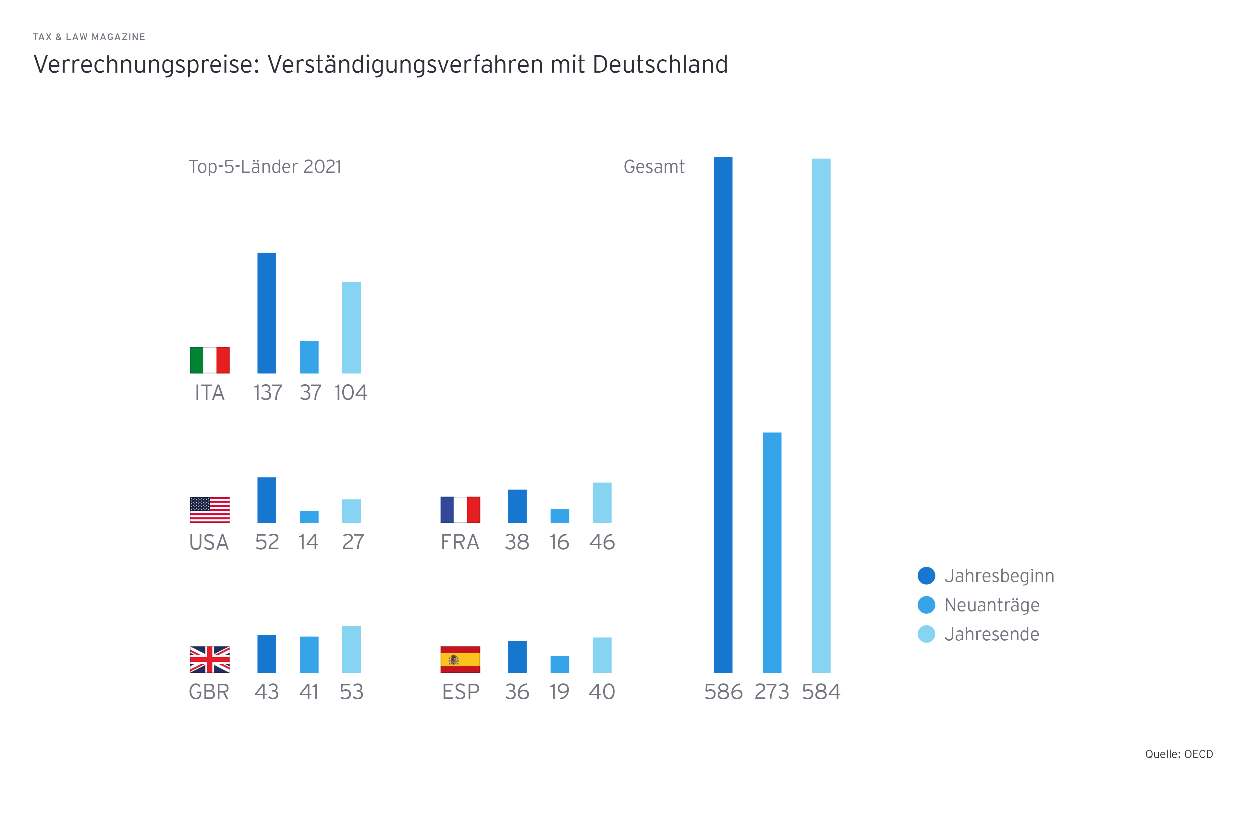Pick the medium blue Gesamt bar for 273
point(772,552)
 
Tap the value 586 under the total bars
point(723,692)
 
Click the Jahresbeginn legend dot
point(926,575)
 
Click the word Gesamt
point(654,167)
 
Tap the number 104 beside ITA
point(351,393)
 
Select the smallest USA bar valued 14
point(309,516)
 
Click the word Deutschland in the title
point(660,65)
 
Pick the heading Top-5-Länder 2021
point(265,167)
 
